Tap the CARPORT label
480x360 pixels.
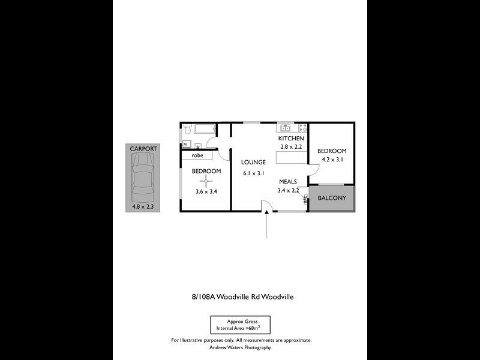(x=143, y=148)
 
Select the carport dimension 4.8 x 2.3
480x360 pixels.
(x=143, y=206)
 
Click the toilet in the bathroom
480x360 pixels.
(x=187, y=129)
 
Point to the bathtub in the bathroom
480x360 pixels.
(x=205, y=128)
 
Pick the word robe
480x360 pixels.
(x=197, y=155)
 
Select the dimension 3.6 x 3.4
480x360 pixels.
(x=206, y=192)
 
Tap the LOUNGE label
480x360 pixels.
(x=253, y=162)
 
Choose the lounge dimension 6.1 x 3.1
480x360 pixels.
(x=253, y=173)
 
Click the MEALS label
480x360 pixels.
(x=288, y=181)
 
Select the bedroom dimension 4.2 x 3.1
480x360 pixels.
(x=332, y=160)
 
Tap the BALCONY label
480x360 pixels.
(x=332, y=198)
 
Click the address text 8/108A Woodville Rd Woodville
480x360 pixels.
(x=242, y=296)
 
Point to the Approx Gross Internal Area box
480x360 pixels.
(x=240, y=325)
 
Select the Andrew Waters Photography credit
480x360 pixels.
(x=240, y=347)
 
